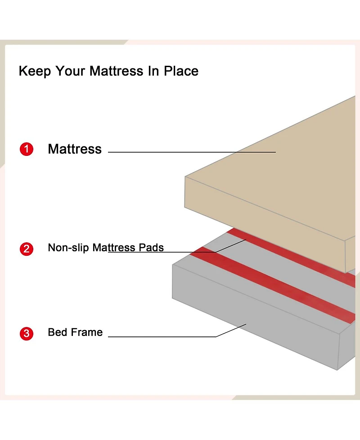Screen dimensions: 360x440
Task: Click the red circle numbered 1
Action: click(x=27, y=149)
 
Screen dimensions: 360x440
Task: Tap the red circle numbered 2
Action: click(x=27, y=249)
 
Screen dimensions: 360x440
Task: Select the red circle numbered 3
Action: click(x=27, y=333)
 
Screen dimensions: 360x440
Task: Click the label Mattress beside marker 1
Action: click(x=75, y=149)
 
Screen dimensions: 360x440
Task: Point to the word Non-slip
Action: click(x=68, y=248)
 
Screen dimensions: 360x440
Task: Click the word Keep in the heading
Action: click(x=35, y=71)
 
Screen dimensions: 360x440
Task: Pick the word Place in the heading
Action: click(x=181, y=71)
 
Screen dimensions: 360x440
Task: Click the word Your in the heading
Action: click(x=70, y=71)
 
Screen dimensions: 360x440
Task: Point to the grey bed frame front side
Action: click(x=256, y=317)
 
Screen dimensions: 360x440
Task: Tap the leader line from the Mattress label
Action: click(x=192, y=152)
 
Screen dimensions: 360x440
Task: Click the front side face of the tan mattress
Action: click(x=265, y=224)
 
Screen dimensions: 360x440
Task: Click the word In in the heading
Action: click(x=153, y=71)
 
